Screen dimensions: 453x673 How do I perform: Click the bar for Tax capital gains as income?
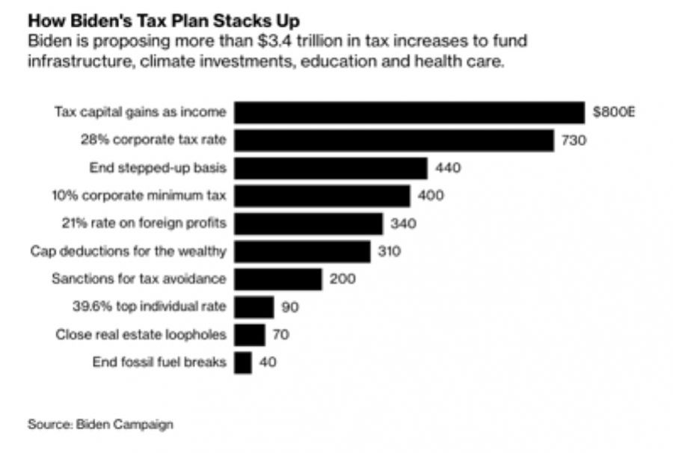tap(409, 112)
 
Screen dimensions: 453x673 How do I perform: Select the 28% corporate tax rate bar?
tap(394, 140)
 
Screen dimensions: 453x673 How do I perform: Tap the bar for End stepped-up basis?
tap(331, 167)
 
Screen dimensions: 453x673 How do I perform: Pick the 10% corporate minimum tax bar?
tap(322, 196)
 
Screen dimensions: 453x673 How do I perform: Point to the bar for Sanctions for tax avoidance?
tap(278, 279)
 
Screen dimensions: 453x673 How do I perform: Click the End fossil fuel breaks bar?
tap(243, 363)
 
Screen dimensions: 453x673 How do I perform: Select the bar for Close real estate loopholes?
tap(250, 334)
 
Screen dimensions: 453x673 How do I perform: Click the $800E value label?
tap(614, 113)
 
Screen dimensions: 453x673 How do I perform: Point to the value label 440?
tap(449, 167)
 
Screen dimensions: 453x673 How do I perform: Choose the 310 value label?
tap(390, 251)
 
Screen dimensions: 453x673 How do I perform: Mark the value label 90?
tap(290, 306)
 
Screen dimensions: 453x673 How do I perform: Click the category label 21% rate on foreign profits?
tap(144, 223)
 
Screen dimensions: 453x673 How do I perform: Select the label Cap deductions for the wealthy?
tap(128, 251)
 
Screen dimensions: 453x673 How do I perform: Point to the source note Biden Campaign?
tap(100, 425)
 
